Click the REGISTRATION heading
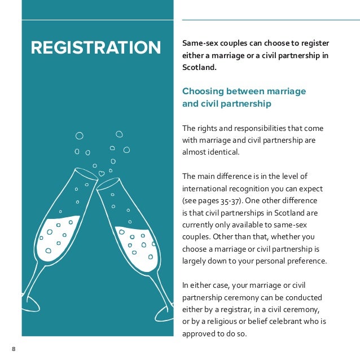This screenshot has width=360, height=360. (95, 47)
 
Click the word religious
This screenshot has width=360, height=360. (226, 322)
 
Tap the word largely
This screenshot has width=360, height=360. (195, 261)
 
